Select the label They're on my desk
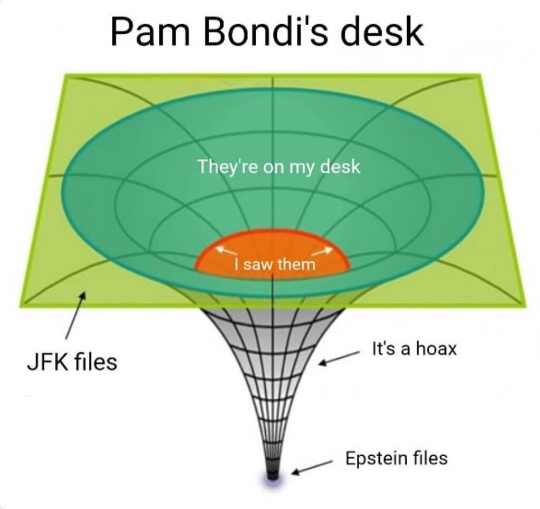(x=279, y=167)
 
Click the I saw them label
(x=274, y=263)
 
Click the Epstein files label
(x=396, y=457)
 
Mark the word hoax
(x=436, y=349)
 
